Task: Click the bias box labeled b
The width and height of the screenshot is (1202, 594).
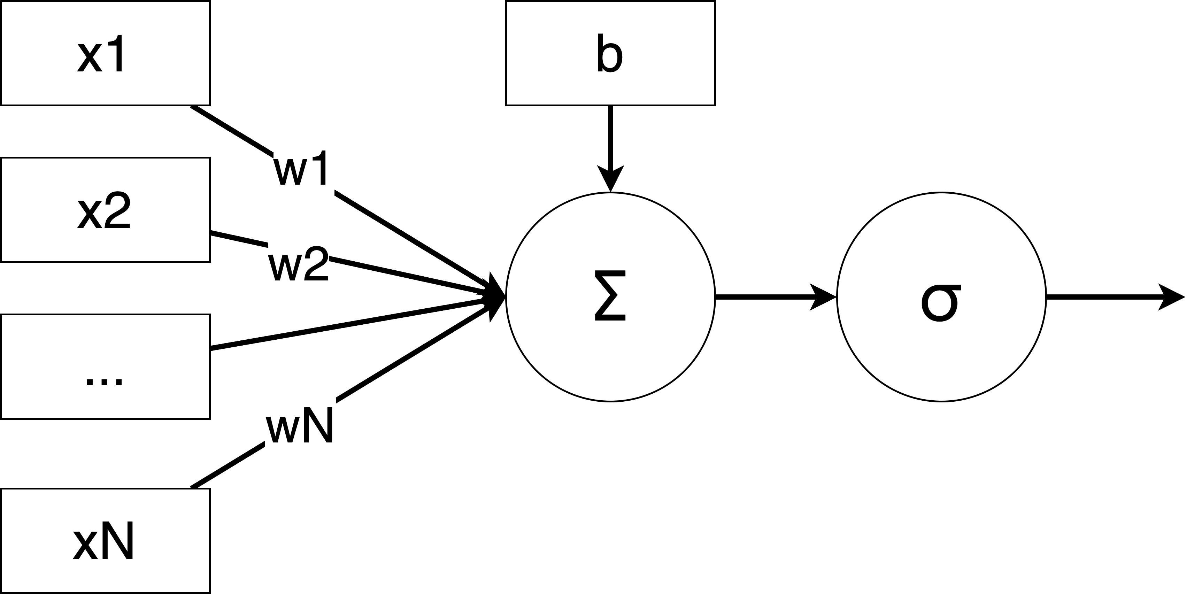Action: tap(610, 53)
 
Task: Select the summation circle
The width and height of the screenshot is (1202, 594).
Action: tap(610, 297)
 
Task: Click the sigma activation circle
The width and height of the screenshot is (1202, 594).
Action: tap(941, 297)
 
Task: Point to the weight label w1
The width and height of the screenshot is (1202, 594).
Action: tap(301, 168)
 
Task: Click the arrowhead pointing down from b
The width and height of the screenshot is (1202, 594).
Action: tap(610, 180)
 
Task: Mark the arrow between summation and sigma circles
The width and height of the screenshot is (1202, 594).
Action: tap(775, 297)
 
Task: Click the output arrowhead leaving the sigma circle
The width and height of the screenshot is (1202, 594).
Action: tap(1171, 297)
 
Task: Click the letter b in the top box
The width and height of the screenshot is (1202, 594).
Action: tap(609, 54)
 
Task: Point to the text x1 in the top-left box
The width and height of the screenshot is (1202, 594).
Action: tap(102, 54)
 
